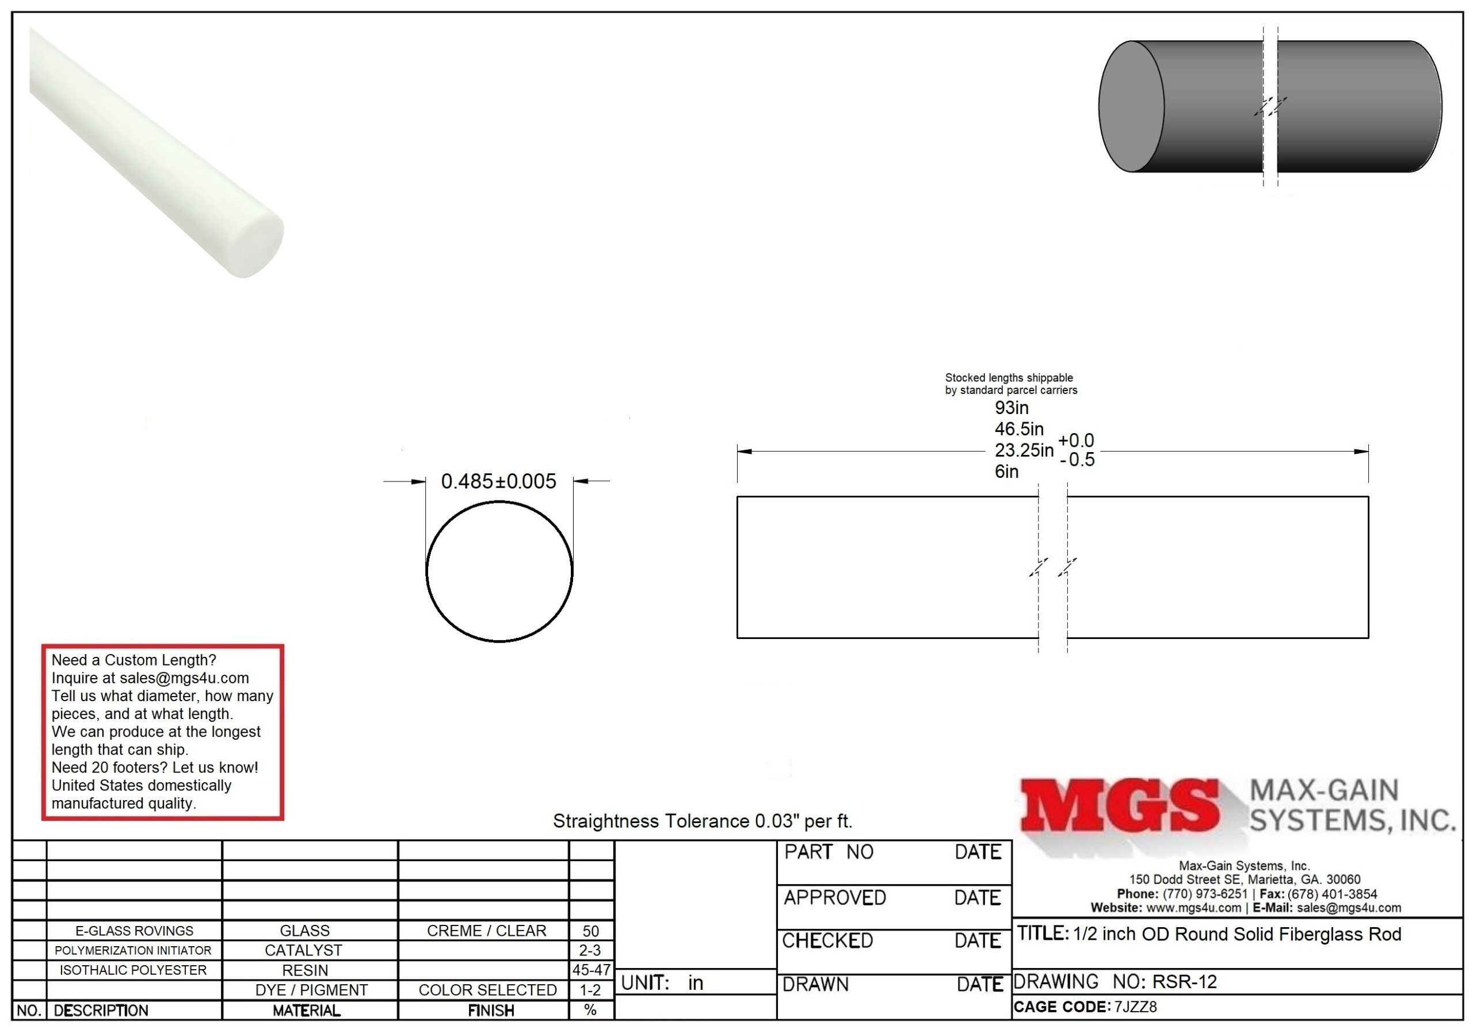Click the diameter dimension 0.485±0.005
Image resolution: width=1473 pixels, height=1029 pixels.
click(498, 481)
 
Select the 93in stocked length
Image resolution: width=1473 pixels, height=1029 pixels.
click(1012, 408)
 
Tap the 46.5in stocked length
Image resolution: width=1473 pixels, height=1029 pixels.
click(1020, 429)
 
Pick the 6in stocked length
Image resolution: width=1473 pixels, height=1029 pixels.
click(1006, 472)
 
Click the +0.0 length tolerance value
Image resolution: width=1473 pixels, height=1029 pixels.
click(1076, 441)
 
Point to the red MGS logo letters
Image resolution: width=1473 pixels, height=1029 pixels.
click(1120, 805)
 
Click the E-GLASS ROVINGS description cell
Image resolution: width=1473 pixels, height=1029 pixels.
click(134, 931)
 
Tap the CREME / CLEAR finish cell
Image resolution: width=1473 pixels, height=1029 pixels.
click(486, 931)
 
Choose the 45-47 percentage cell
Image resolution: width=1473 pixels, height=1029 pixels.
click(591, 970)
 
